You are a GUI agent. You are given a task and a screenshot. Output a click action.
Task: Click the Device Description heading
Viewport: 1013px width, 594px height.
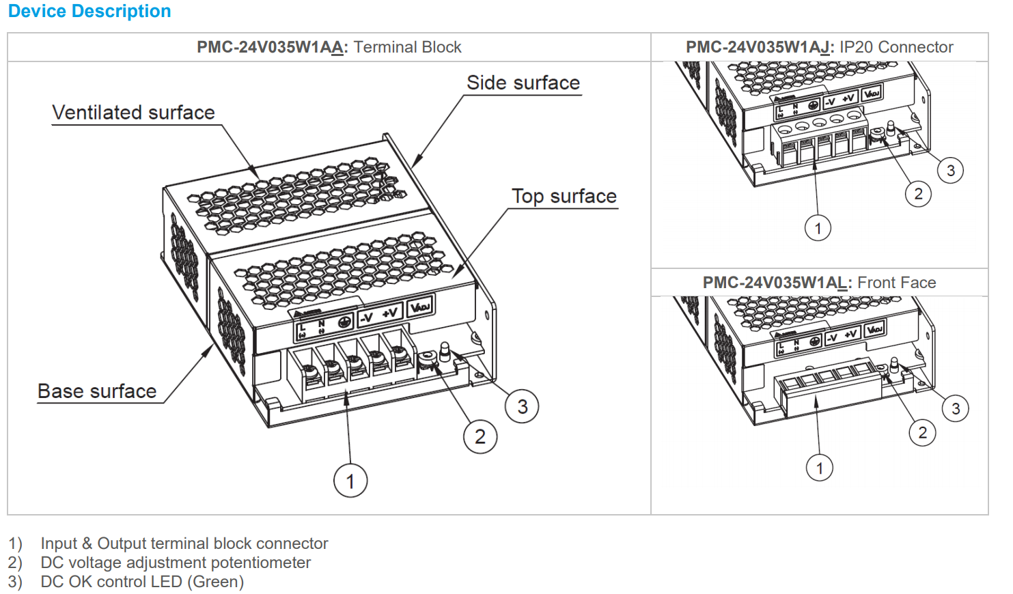(x=89, y=12)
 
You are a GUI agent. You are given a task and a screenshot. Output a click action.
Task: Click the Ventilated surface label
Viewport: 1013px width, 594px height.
(x=133, y=113)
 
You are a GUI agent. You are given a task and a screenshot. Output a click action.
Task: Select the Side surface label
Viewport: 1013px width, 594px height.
(x=523, y=83)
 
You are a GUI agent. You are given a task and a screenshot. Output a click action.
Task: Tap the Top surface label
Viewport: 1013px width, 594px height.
(x=564, y=197)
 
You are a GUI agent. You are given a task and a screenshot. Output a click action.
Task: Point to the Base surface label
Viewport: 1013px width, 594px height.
(x=97, y=391)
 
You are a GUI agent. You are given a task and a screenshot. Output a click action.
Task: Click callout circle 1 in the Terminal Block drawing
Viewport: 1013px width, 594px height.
(x=350, y=481)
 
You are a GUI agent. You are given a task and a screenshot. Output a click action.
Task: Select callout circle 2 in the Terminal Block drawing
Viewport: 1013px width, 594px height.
(x=480, y=436)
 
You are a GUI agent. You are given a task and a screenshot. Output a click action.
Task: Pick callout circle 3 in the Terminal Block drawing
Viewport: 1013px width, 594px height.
(x=523, y=407)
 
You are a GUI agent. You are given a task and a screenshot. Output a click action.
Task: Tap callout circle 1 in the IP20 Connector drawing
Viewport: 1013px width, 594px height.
(x=818, y=228)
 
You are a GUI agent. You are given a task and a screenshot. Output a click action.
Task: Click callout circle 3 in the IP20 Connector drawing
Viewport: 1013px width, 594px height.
(x=950, y=170)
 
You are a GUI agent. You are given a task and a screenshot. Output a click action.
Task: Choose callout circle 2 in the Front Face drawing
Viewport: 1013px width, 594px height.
(x=923, y=432)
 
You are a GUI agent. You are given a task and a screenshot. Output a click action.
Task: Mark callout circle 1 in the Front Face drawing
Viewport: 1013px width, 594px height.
(x=820, y=468)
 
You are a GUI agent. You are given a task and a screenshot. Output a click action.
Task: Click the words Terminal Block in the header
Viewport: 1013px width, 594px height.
(x=407, y=47)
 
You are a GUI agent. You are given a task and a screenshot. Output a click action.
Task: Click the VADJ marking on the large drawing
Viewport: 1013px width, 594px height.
(x=420, y=307)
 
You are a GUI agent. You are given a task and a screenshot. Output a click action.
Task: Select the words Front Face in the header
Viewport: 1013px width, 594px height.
(x=896, y=283)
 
